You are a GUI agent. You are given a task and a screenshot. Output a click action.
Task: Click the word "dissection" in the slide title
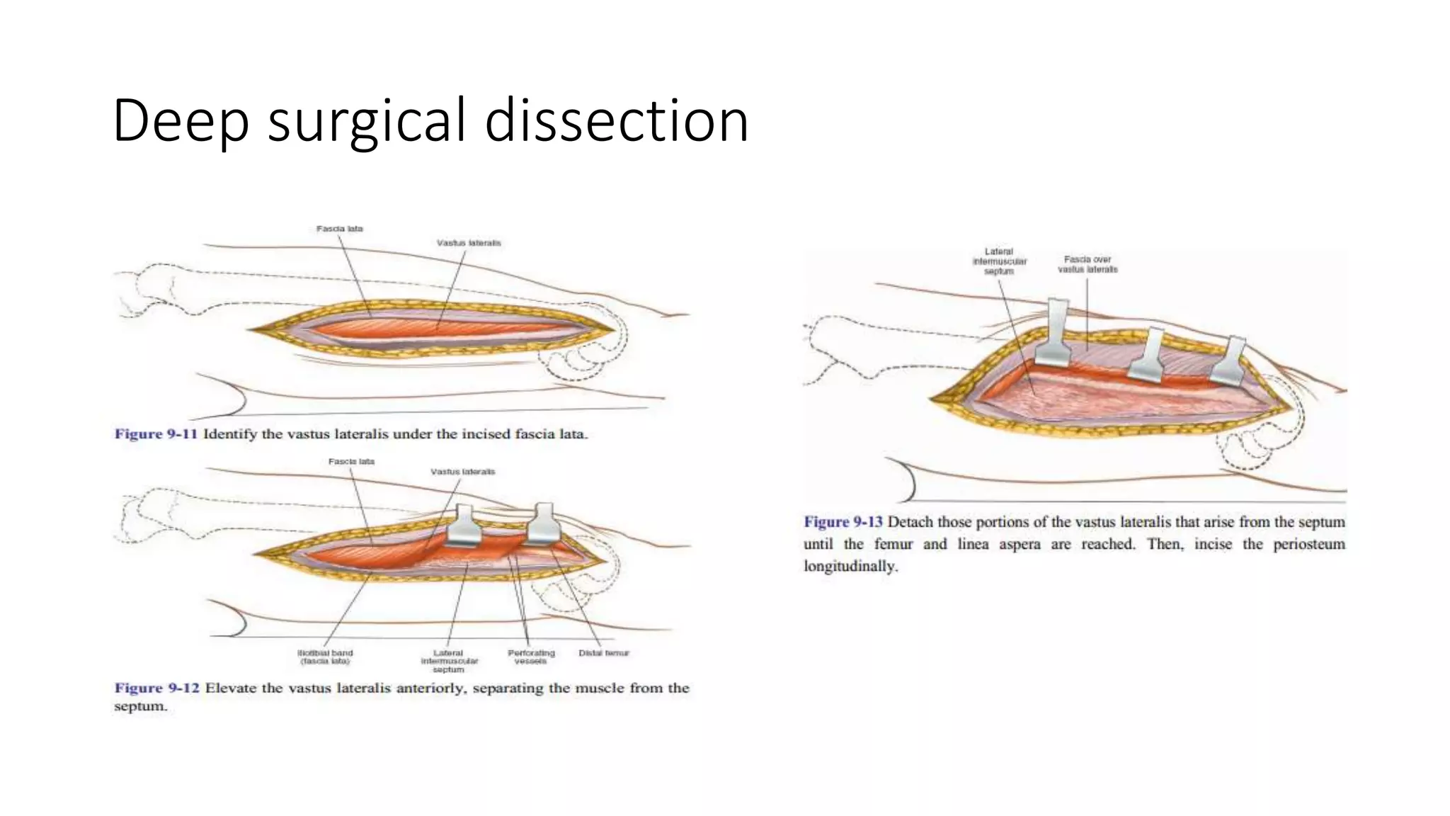tap(616, 120)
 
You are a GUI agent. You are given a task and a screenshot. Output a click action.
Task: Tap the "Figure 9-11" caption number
tap(156, 433)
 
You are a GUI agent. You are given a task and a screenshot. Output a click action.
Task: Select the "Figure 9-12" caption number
tap(156, 688)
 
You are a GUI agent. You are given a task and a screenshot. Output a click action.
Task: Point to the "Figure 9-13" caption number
tap(843, 522)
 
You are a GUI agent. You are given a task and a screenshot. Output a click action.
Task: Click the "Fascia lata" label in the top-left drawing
tap(339, 229)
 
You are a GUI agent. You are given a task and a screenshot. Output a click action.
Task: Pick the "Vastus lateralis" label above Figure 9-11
tap(469, 243)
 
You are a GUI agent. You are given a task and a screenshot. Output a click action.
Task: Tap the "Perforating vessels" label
tap(531, 657)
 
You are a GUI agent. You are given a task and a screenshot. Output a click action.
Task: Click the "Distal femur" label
tap(603, 653)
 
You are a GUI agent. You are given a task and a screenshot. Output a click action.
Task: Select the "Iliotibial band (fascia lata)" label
tap(324, 657)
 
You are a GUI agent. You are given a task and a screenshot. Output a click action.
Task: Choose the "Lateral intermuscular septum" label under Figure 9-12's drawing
tap(449, 661)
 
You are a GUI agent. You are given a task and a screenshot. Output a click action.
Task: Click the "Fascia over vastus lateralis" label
tap(1087, 264)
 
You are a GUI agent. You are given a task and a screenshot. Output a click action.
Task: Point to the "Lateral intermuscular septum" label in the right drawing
tap(999, 261)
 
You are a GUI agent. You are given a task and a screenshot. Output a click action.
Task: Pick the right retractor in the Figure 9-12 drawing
tap(543, 523)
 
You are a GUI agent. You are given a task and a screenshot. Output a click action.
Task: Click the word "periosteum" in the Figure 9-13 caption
tap(1309, 544)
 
